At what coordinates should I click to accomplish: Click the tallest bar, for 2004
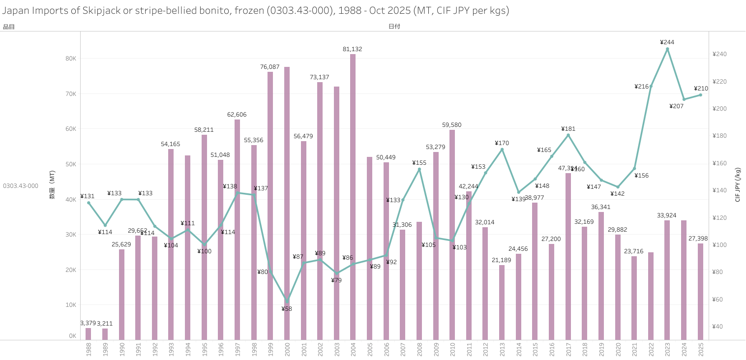point(353,197)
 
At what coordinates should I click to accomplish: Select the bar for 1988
point(89,334)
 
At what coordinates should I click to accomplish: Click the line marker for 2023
point(667,49)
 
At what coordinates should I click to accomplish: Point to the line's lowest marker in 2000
point(287,300)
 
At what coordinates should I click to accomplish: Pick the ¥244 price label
point(667,42)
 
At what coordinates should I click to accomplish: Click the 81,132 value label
point(353,49)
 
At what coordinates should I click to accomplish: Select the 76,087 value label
point(270,67)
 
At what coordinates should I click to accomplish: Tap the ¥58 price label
point(287,309)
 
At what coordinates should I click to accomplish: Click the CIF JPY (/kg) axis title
point(738,185)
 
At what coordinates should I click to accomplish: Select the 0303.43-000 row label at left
point(21,186)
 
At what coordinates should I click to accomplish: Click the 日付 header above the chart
point(394,27)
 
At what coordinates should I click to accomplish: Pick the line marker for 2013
point(502,150)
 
